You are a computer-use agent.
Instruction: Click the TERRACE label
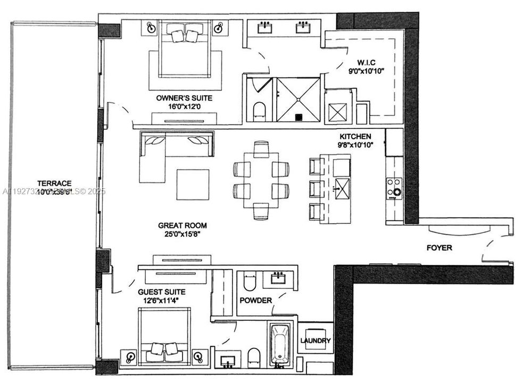point(51,182)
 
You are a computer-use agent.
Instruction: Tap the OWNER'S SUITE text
point(184,98)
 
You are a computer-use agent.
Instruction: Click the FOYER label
point(439,248)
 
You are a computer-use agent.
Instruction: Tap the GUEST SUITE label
point(161,292)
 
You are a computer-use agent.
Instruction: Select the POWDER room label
point(255,301)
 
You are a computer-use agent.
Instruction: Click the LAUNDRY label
point(316,340)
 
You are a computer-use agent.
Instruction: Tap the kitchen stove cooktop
point(394,188)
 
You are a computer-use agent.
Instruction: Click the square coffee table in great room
point(193,184)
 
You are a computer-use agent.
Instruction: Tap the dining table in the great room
point(261,180)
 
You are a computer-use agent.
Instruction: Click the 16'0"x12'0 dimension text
point(184,107)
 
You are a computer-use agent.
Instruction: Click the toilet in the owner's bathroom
point(259,111)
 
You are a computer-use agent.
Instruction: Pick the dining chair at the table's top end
point(261,149)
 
